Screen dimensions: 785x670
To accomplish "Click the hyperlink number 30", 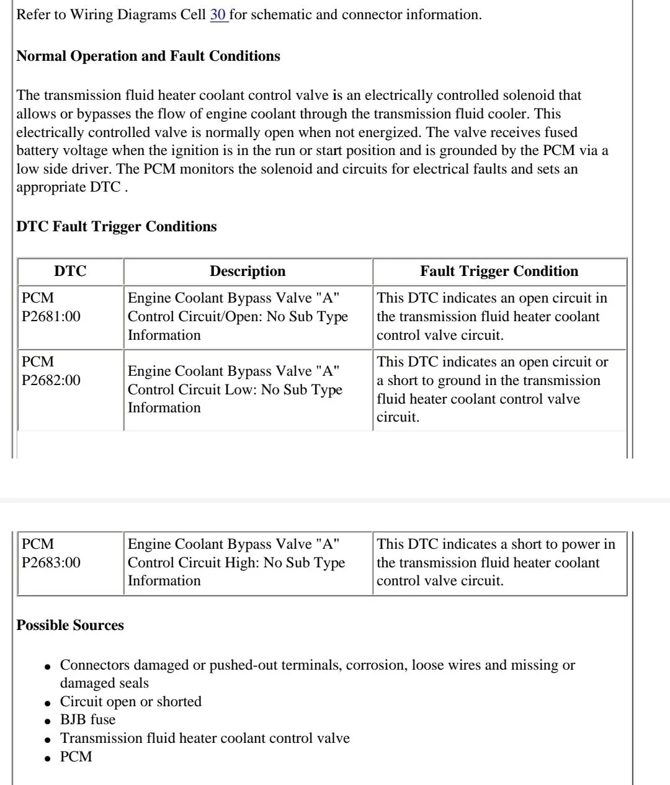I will click(x=218, y=15).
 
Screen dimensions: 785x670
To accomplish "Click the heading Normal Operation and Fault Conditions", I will click(x=148, y=56).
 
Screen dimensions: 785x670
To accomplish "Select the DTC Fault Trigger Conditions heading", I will click(x=117, y=226).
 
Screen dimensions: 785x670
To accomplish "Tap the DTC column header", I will click(x=70, y=272).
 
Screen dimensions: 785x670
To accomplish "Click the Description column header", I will click(x=248, y=272).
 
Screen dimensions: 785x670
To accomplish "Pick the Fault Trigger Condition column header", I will click(x=499, y=272).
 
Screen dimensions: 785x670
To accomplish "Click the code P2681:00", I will click(x=51, y=316).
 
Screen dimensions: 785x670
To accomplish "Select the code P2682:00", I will click(x=51, y=380).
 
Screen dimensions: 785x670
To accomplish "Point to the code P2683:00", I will click(x=51, y=562).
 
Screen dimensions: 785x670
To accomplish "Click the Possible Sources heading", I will click(x=70, y=625).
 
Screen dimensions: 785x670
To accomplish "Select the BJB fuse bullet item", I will click(x=87, y=720).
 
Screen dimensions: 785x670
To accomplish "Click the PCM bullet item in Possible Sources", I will click(x=76, y=756).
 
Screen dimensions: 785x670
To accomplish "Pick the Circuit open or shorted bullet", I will click(x=130, y=702).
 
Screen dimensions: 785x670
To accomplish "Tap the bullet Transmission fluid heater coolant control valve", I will click(x=205, y=738).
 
